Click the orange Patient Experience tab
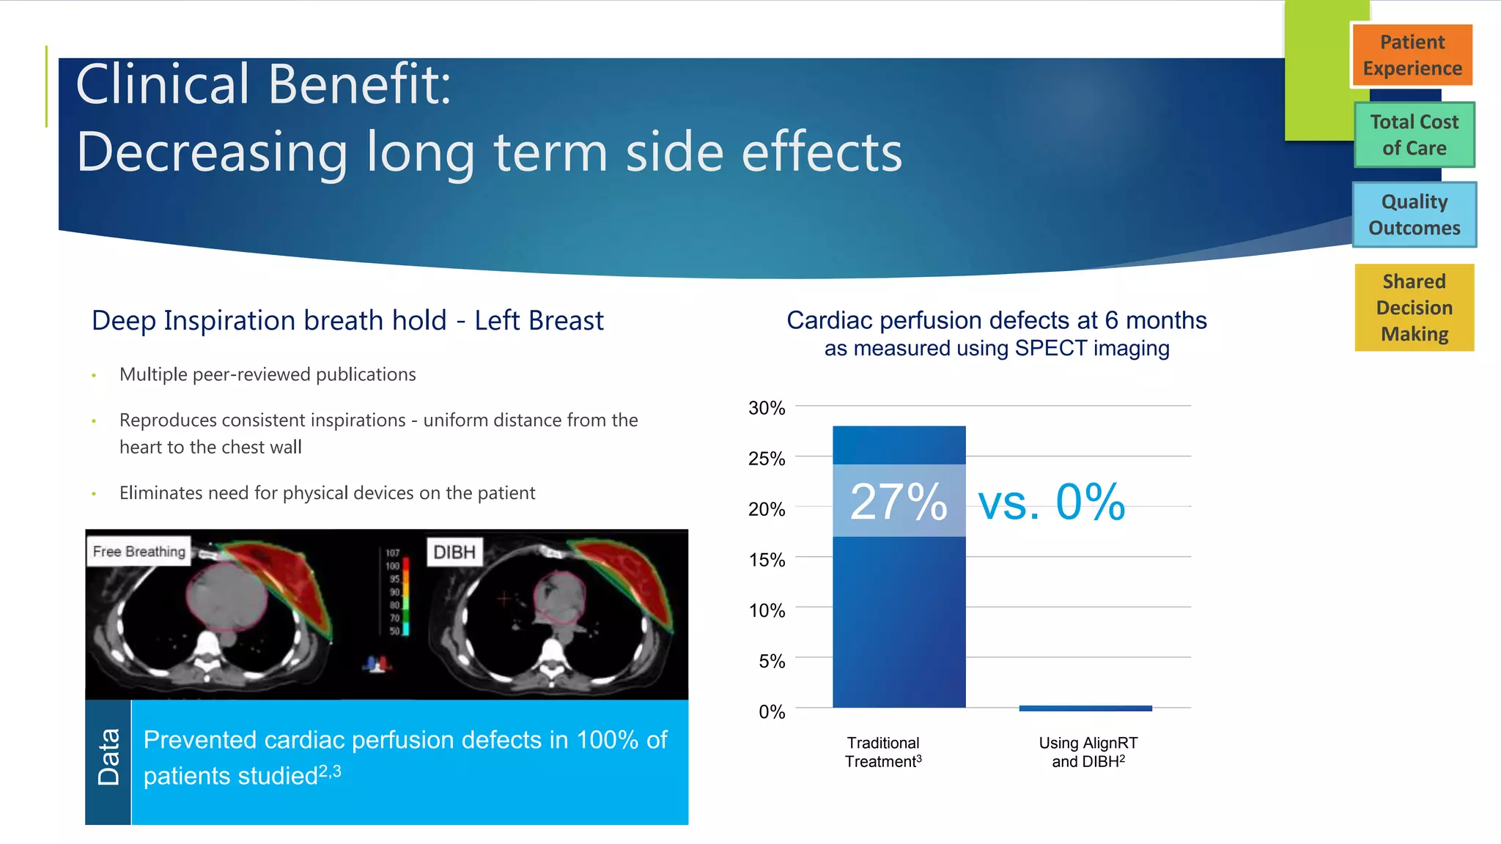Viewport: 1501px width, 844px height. tap(1412, 56)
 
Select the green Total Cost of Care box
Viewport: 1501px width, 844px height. tap(1414, 135)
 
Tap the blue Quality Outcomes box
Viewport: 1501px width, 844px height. tap(1414, 215)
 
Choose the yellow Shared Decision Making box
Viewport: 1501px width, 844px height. tap(1414, 307)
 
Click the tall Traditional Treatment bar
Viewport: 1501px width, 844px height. tap(899, 623)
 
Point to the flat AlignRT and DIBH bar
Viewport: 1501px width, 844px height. tap(1085, 708)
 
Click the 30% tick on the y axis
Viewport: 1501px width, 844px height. tap(767, 408)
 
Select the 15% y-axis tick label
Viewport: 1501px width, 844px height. tap(767, 560)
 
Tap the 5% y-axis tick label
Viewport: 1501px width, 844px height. tap(771, 662)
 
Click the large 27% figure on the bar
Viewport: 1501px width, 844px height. tap(899, 503)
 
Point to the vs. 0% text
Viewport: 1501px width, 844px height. tap(1052, 503)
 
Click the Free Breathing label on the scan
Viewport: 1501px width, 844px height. tap(139, 552)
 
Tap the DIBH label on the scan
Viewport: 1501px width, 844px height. tap(454, 552)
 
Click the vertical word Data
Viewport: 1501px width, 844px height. tap(108, 757)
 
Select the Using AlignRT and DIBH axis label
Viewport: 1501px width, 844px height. tap(1088, 752)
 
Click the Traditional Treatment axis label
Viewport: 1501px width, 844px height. tap(883, 752)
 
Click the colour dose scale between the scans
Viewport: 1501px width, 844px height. tap(405, 591)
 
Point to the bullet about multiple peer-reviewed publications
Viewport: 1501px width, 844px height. tap(268, 375)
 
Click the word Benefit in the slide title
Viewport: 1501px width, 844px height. tap(359, 84)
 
